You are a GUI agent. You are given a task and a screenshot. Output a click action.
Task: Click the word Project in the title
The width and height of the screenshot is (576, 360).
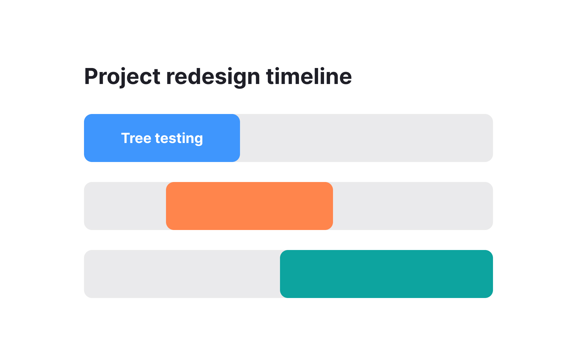[122, 77]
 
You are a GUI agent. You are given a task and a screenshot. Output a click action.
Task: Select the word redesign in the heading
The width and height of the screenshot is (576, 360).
[213, 77]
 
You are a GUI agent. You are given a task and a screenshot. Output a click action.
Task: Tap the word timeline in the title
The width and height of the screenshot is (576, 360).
[309, 77]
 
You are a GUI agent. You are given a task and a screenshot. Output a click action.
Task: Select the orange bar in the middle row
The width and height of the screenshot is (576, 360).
[249, 206]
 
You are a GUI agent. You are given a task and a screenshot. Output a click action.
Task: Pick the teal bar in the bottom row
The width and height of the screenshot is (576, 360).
[386, 274]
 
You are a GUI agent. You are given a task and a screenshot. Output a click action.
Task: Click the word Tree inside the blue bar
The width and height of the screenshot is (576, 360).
[136, 138]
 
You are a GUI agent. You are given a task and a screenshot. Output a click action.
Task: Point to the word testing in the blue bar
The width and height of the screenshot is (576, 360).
[179, 138]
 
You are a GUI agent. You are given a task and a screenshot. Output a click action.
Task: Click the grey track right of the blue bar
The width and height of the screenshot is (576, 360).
[366, 138]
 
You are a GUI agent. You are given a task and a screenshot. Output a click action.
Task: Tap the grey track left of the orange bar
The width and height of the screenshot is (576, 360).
[125, 206]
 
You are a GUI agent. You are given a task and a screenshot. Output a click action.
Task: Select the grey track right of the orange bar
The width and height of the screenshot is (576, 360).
[413, 206]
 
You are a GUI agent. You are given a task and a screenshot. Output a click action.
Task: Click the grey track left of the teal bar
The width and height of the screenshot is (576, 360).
[182, 274]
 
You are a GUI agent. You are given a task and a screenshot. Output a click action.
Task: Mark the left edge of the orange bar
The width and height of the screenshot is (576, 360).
[167, 206]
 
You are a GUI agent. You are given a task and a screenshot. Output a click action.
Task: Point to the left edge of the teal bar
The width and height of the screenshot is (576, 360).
[281, 274]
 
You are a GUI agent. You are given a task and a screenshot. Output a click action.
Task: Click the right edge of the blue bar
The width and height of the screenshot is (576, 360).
[239, 138]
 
